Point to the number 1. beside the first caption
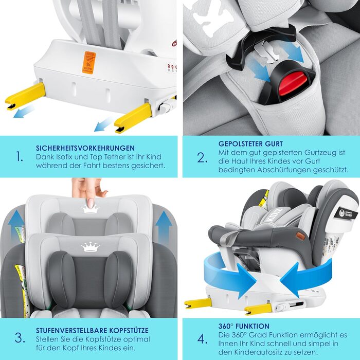[x=20, y=156]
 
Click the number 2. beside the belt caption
[x=202, y=157]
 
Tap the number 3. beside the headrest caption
[x=20, y=338]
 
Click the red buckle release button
[x=291, y=83]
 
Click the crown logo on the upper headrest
[x=90, y=208]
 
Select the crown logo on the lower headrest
[x=90, y=247]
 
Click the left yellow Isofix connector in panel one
[x=26, y=96]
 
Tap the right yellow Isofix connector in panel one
[x=133, y=117]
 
